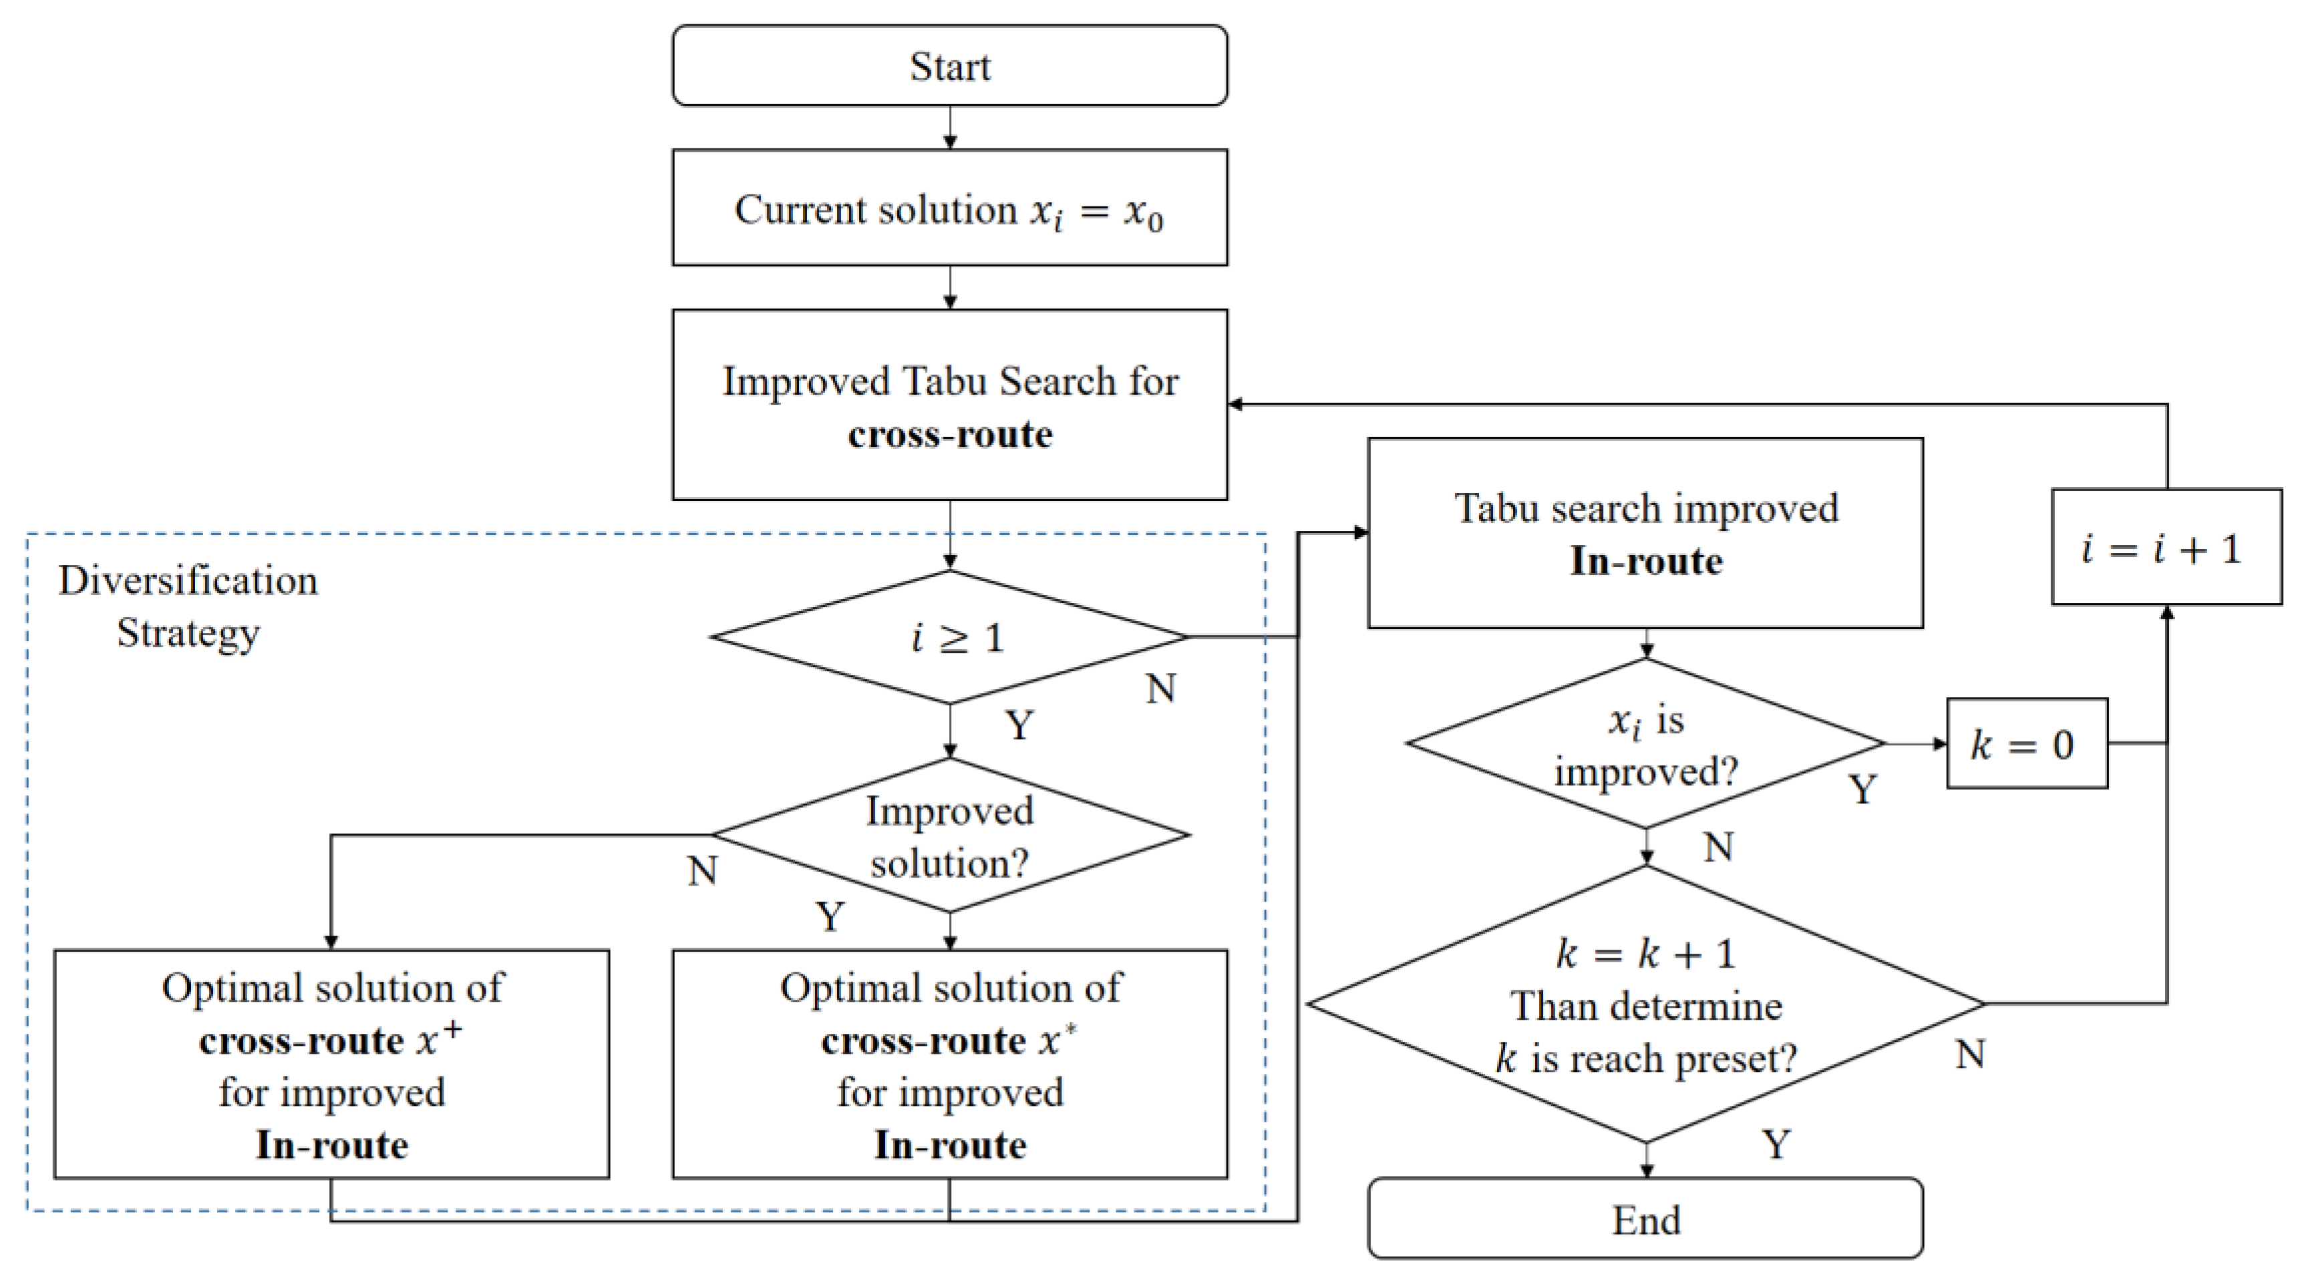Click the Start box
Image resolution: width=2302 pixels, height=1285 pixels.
click(x=949, y=66)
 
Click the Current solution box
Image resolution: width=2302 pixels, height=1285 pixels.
click(x=949, y=208)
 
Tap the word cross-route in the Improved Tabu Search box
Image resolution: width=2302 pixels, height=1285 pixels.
click(x=949, y=434)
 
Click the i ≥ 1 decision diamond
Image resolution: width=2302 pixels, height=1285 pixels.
click(x=951, y=637)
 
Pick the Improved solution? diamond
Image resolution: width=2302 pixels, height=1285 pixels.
click(x=951, y=836)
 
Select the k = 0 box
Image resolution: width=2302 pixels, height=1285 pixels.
click(x=2026, y=743)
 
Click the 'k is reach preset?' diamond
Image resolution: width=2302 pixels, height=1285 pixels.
click(x=1646, y=1004)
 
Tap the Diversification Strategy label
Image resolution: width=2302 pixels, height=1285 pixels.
click(x=188, y=606)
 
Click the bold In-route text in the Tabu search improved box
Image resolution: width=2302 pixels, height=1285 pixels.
click(x=1646, y=561)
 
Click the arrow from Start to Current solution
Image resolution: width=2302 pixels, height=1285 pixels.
click(x=950, y=128)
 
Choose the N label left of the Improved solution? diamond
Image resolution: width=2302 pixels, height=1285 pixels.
click(x=702, y=870)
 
